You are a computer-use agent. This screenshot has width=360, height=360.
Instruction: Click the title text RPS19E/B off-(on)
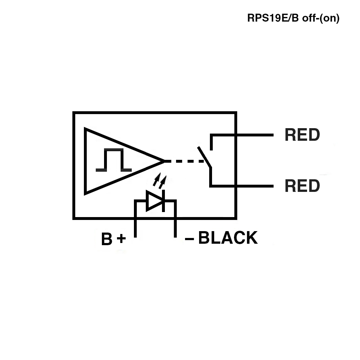pos(293,18)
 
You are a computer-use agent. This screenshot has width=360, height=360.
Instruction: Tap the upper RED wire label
pos(302,135)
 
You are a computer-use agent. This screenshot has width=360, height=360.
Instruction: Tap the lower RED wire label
pos(302,186)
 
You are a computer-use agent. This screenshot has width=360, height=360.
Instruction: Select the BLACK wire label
pos(228,237)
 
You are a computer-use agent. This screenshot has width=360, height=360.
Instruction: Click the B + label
pos(113,239)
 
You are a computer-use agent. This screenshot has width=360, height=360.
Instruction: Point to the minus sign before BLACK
pos(189,239)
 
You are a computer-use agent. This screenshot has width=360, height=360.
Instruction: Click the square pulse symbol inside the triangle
pos(114,160)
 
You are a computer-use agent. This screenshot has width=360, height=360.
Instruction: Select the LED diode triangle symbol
pos(154,201)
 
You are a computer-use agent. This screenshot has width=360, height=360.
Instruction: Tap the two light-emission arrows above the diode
pos(159,181)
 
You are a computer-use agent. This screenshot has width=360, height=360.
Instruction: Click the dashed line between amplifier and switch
pos(184,161)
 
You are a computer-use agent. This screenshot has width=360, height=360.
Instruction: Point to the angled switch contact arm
pos(204,157)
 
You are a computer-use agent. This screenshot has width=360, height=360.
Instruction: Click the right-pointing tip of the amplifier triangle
pos(165,161)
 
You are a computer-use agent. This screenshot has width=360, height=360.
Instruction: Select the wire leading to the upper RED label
pos(242,135)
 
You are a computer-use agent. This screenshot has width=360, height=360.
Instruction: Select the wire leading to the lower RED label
pos(242,186)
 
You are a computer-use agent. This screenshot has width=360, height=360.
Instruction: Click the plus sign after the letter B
pos(121,238)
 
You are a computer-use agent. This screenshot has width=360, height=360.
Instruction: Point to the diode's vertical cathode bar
pos(163,201)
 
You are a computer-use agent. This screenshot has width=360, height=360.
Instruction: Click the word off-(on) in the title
pos(321,18)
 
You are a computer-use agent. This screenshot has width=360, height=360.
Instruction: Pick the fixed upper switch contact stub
pos(211,142)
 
